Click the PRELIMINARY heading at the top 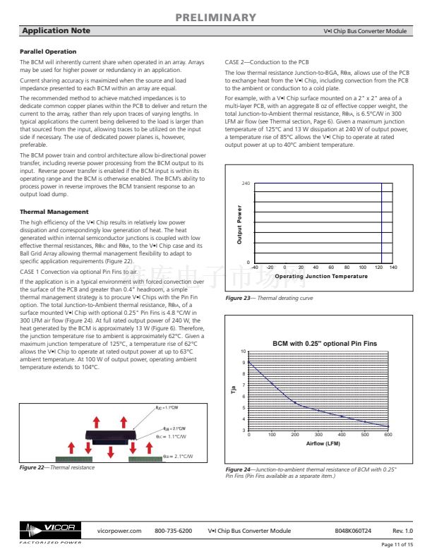pyautogui.click(x=215, y=17)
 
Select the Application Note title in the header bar pyautogui.click(x=56, y=31)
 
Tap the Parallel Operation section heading pyautogui.click(x=48, y=52)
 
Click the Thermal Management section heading pyautogui.click(x=54, y=212)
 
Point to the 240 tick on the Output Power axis pyautogui.click(x=246, y=184)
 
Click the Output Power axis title pyautogui.click(x=240, y=224)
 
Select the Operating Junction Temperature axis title pyautogui.click(x=320, y=277)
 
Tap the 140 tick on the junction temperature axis pyautogui.click(x=393, y=268)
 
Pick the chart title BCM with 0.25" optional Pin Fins pyautogui.click(x=325, y=343)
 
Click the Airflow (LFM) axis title pyautogui.click(x=324, y=444)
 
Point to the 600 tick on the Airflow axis pyautogui.click(x=388, y=435)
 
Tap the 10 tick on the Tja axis pyautogui.click(x=244, y=351)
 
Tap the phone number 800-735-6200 pyautogui.click(x=174, y=530)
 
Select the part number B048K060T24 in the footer pyautogui.click(x=352, y=530)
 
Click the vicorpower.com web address pyautogui.click(x=119, y=530)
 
